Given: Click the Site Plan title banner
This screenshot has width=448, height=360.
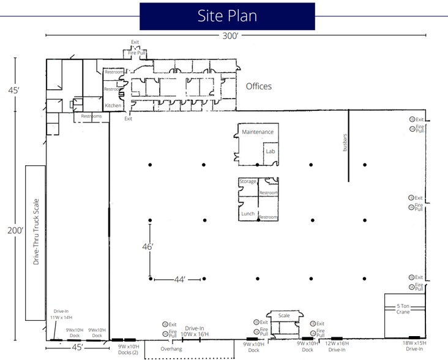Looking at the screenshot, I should pos(227,16).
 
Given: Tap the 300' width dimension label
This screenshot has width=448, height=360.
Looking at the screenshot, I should pos(231,36).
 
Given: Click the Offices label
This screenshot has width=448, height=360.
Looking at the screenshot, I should pos(258,86).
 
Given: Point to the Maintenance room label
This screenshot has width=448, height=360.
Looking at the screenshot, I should pos(256,132).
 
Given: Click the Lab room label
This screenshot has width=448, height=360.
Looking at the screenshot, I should pos(269,151).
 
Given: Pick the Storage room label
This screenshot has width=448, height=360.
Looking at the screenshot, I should pos(248,182).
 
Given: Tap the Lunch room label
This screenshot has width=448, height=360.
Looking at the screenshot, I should pos(248,214).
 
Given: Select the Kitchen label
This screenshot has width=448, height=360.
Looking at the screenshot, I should pos(113,106).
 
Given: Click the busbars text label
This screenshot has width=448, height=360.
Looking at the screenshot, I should pos(345,143).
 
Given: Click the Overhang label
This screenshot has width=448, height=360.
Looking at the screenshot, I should pos(172,349).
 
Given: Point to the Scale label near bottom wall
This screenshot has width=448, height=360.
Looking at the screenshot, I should pos(284,316).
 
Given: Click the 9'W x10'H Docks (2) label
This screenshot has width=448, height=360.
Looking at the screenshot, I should pos(129,350).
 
